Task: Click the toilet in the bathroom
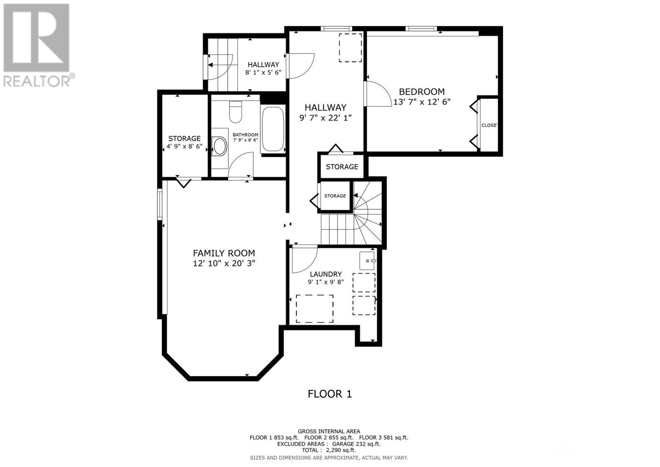pos(235,112)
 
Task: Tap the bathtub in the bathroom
pos(273,129)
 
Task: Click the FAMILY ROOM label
pos(224,253)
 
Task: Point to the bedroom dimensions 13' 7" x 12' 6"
pos(422,102)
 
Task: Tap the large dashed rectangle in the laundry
pos(315,309)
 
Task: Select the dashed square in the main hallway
pos(350,48)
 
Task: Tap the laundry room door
pos(304,258)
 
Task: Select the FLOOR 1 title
pos(330,394)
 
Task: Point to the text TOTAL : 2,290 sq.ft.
pos(329,450)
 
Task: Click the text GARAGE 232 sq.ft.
pos(354,444)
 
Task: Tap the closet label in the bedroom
pos(489,125)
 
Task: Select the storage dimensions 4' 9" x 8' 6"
pos(184,146)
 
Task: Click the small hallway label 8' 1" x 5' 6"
pos(263,72)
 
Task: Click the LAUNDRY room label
pos(326,274)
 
